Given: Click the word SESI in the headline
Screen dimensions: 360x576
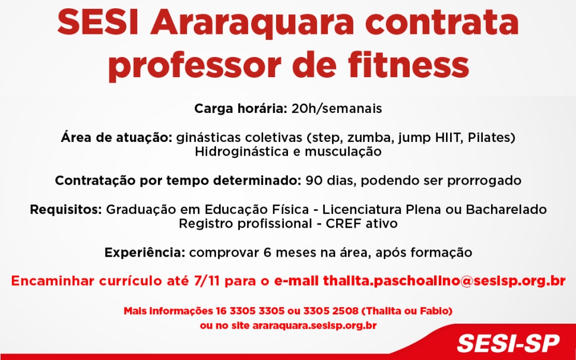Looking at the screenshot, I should click(x=99, y=24).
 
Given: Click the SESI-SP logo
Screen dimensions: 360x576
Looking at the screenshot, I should click(x=508, y=343).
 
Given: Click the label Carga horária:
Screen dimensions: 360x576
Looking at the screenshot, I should click(x=240, y=109).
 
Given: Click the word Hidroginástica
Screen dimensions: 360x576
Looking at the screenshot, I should click(x=242, y=151).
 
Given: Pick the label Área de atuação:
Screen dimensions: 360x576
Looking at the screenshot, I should click(x=116, y=138).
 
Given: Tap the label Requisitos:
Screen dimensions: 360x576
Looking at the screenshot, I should click(x=67, y=210).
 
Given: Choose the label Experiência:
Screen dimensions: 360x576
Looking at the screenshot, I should click(x=145, y=252).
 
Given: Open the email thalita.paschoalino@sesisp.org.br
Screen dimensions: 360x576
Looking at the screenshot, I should click(x=444, y=281).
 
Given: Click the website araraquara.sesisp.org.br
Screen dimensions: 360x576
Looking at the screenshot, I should click(x=314, y=326).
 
